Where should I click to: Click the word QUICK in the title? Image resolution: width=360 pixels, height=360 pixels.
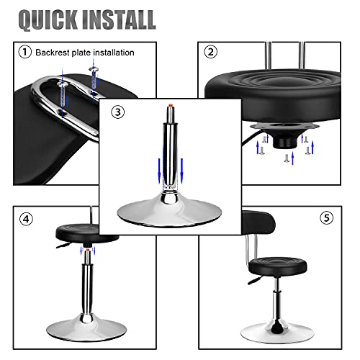tap(48, 19)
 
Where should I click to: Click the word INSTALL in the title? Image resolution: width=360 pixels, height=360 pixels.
tap(119, 19)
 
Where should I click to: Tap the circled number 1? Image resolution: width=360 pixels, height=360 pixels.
tap(25, 52)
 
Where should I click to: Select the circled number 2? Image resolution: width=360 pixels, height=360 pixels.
tap(210, 52)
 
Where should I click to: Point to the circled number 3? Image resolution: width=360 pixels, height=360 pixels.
tap(118, 112)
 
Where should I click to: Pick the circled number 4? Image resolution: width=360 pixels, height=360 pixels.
tap(26, 219)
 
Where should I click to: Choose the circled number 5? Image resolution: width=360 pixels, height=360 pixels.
tap(327, 218)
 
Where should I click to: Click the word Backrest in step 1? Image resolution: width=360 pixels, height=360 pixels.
tap(53, 53)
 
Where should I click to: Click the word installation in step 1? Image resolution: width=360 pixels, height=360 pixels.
tap(114, 53)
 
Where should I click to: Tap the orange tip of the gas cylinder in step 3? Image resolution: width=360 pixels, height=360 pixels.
tap(170, 105)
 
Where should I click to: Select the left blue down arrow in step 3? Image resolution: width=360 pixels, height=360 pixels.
tap(159, 171)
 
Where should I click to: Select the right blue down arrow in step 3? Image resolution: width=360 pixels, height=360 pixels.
tap(181, 171)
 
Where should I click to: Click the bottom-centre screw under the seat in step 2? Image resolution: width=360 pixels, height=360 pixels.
tap(286, 158)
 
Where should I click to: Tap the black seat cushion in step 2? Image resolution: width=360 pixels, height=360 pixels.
tap(273, 95)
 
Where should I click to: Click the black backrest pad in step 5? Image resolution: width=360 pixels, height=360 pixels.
tap(258, 223)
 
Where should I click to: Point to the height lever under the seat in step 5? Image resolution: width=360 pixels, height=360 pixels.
tap(255, 280)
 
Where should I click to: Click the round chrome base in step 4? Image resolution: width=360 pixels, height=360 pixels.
tap(86, 328)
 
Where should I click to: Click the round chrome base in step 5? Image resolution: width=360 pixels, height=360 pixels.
tap(277, 333)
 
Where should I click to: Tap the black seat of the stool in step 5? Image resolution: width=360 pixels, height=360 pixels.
tap(278, 266)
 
